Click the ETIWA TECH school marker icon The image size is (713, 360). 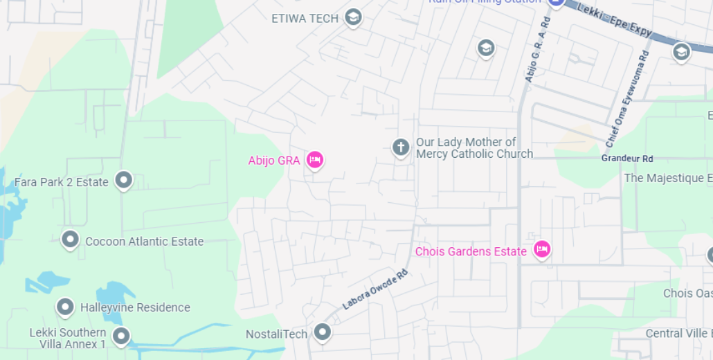pos(354,17)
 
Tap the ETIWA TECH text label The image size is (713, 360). pos(305,19)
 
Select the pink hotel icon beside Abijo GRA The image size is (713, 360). pos(315,160)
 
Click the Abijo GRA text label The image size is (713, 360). pos(274,161)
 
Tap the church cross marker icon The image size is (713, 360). pos(401,147)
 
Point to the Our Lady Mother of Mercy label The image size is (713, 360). pos(474,148)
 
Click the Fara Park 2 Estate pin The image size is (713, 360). pos(124,180)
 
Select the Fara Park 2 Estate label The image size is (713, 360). pos(62,182)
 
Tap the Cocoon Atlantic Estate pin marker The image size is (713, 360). pos(70,240)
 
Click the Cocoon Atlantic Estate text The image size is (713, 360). pos(144,242)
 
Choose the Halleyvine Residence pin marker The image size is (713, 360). pos(65,306)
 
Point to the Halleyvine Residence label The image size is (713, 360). pos(135,307)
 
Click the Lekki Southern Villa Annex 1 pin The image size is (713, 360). pos(121,336)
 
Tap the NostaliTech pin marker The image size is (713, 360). pos(322,332)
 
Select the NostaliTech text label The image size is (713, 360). pos(276,334)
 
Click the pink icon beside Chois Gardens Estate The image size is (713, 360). pos(541,249)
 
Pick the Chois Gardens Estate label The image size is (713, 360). pos(471,251)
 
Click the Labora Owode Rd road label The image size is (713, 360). pos(374,290)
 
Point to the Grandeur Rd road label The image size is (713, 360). pos(627,159)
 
